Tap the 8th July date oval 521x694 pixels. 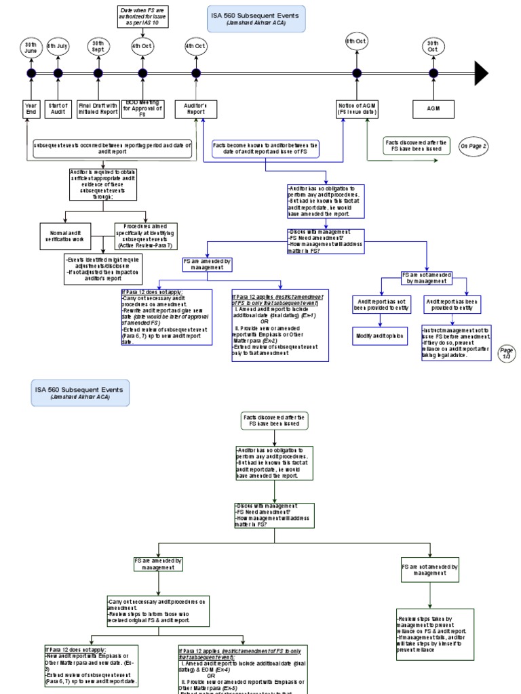58,46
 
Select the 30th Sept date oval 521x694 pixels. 98,46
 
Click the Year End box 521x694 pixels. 31,109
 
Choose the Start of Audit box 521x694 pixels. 58,109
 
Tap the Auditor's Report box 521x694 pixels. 195,109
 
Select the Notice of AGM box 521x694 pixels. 357,109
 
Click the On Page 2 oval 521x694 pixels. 473,146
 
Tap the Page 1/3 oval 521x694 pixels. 506,353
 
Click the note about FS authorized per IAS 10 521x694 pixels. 142,17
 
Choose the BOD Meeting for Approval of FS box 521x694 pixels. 142,109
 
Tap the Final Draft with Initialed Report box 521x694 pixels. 98,109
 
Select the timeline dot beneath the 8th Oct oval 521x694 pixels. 357,73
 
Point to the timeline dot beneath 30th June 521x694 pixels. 31,73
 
